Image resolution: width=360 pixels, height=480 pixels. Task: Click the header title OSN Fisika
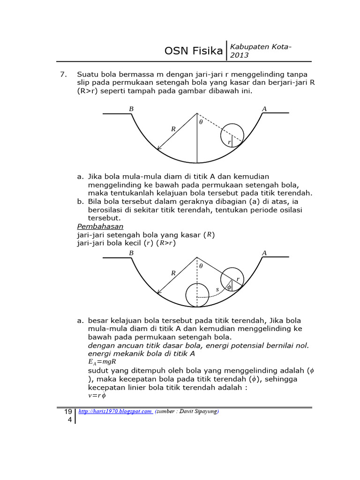click(194, 51)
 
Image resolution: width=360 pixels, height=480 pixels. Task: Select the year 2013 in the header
click(239, 55)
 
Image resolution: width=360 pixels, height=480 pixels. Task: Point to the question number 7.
click(64, 75)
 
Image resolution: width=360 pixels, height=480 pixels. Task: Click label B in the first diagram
click(131, 109)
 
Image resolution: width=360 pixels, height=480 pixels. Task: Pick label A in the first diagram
click(264, 109)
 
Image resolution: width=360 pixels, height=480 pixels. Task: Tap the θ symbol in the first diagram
click(201, 122)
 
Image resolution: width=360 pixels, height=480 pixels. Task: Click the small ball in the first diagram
click(232, 135)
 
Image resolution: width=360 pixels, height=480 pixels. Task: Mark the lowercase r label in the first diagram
click(229, 142)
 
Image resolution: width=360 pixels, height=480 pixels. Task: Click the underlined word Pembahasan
click(100, 226)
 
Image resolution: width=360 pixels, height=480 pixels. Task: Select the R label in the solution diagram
click(173, 272)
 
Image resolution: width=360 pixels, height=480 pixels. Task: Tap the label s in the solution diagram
click(217, 290)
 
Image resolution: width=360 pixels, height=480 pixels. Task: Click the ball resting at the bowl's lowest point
click(197, 295)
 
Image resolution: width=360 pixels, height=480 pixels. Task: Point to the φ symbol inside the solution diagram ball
click(229, 287)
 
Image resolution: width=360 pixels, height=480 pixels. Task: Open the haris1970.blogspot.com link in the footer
click(115, 412)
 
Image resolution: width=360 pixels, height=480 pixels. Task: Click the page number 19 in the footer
click(68, 412)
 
